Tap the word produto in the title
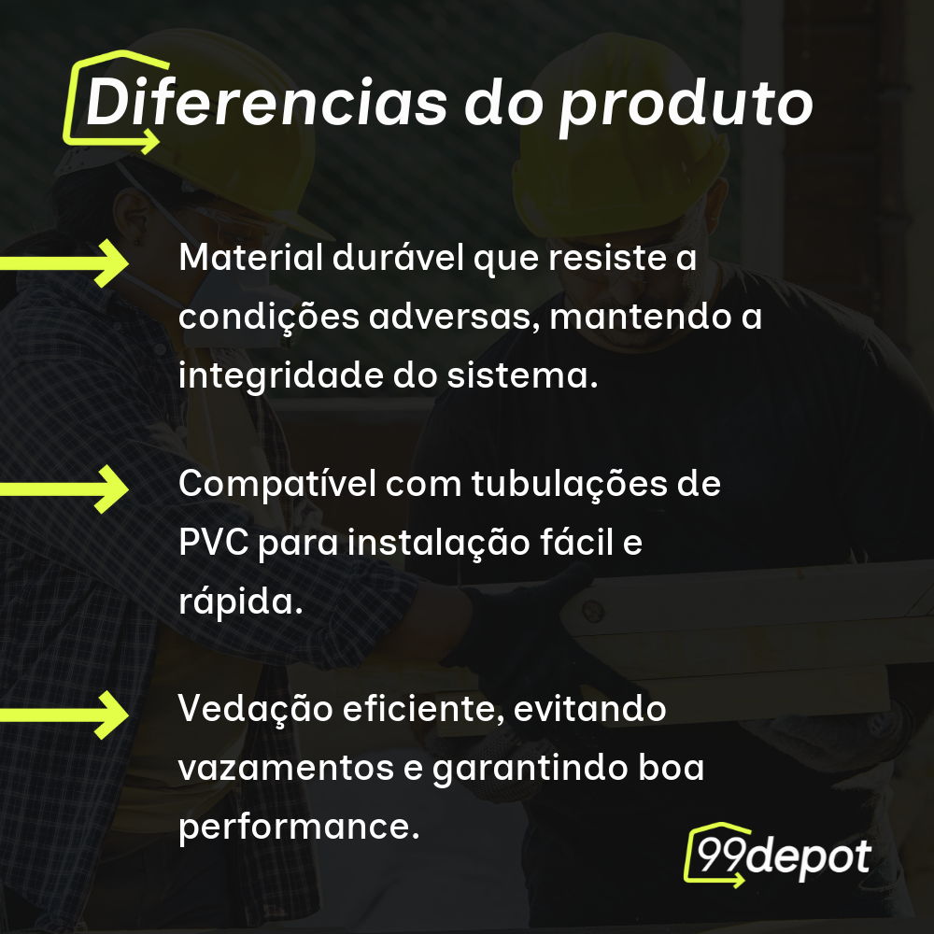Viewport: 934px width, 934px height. [x=685, y=105]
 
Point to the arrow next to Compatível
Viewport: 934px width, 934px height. [x=65, y=488]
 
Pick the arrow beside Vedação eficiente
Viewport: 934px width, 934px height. [x=65, y=715]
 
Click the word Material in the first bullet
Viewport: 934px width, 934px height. [x=248, y=258]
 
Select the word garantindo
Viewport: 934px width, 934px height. [x=524, y=769]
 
